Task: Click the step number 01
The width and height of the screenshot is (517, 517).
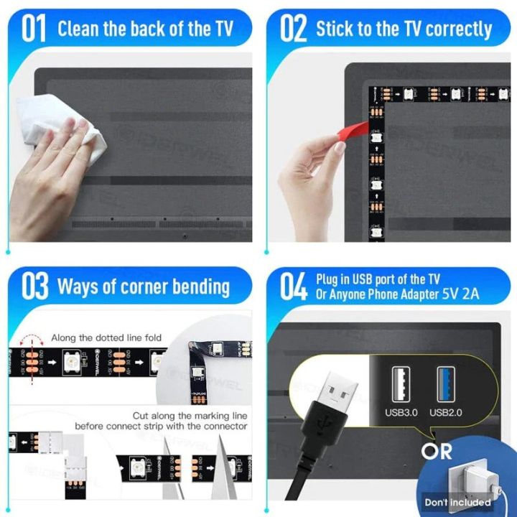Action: click(34, 29)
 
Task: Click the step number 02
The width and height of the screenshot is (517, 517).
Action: click(292, 29)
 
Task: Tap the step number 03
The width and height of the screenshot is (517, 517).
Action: click(34, 287)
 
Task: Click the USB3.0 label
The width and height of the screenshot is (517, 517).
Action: click(401, 412)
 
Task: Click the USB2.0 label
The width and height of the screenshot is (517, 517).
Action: click(447, 412)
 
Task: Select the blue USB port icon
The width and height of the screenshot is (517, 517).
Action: click(446, 383)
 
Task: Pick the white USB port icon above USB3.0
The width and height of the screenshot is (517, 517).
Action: click(401, 383)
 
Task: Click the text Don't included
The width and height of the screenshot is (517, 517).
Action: click(467, 503)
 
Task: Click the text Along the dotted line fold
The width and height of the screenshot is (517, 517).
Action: click(106, 337)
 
